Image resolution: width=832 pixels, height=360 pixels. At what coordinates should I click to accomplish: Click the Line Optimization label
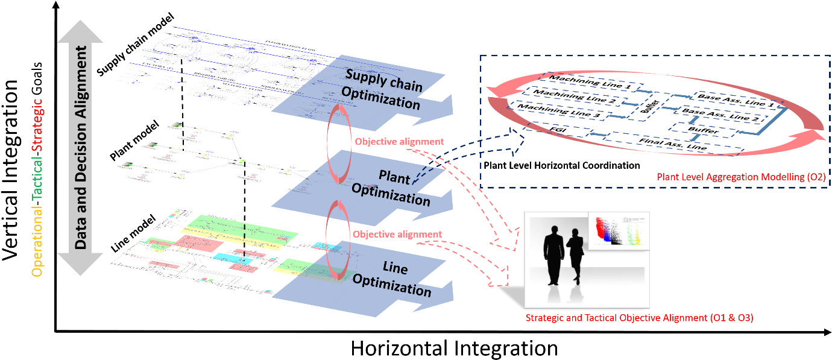click(x=392, y=278)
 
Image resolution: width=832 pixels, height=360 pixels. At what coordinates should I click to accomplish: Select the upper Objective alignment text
click(x=399, y=142)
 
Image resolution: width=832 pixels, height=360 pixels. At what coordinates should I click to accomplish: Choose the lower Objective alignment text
click(x=397, y=234)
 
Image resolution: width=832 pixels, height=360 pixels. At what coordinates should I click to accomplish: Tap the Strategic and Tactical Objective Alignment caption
click(x=639, y=318)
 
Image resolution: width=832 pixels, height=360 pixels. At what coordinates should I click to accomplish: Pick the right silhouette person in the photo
click(x=575, y=256)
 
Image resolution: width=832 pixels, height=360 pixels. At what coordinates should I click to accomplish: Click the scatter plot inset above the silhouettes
click(x=618, y=230)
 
